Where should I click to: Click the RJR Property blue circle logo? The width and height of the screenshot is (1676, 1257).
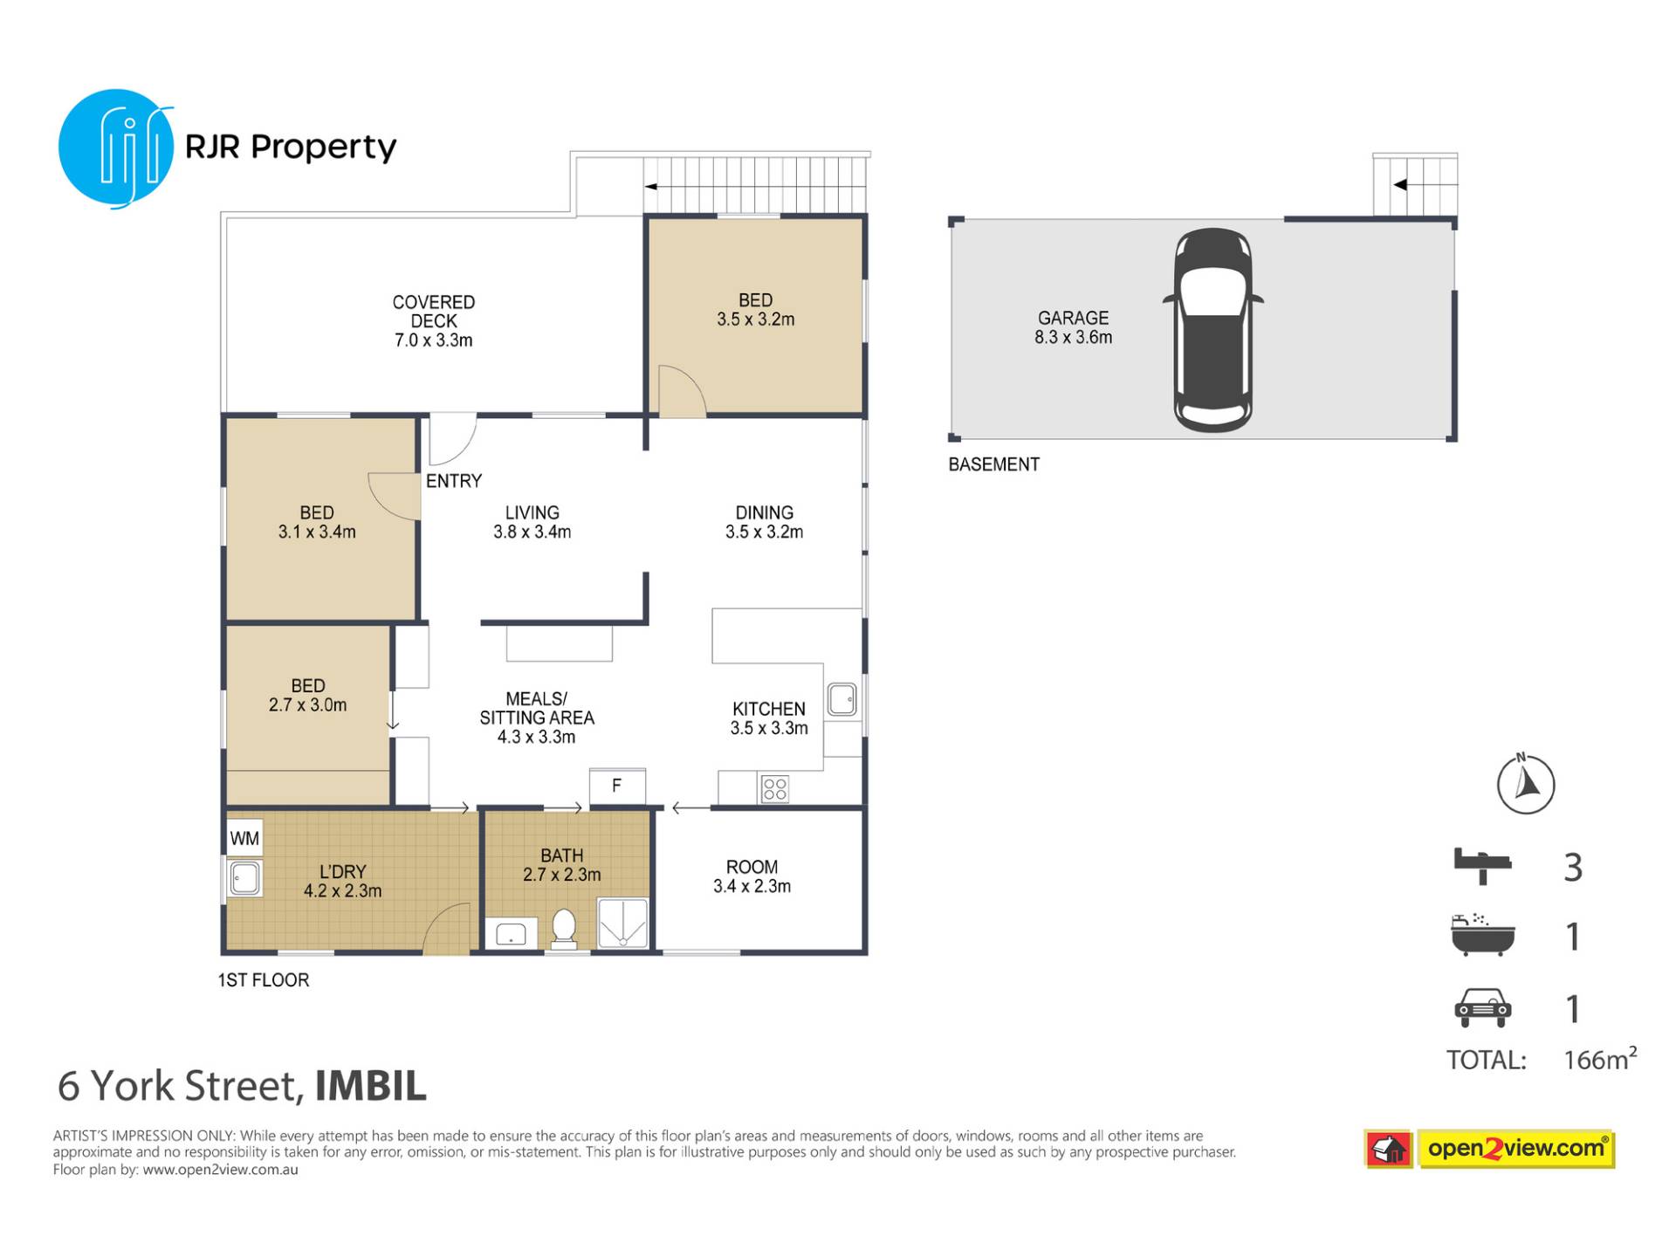coord(116,148)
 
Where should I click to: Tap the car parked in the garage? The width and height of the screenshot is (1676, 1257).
coord(1213,330)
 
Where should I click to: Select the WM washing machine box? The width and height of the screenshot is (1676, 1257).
coord(244,839)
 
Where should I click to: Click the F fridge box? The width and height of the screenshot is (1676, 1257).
coord(617,786)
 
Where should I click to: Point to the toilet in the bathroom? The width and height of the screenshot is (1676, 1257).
coord(564,929)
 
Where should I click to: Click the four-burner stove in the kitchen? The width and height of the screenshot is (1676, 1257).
coord(775,789)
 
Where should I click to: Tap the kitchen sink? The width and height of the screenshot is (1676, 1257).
coord(842,699)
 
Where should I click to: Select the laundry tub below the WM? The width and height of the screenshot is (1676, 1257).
coord(244,878)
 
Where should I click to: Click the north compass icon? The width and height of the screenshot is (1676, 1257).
coord(1526,783)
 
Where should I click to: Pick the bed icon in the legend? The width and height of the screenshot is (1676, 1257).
coord(1482,866)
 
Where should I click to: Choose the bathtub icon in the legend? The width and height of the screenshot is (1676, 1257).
coord(1482,935)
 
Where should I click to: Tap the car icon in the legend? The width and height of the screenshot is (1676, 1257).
coord(1482,1007)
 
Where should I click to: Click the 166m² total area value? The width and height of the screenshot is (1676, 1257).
coord(1600,1058)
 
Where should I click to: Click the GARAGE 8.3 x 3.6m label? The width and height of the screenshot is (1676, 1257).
coord(1074,327)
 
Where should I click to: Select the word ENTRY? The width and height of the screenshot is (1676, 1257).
coord(454,481)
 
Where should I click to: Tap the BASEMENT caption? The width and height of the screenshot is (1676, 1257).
coord(994,464)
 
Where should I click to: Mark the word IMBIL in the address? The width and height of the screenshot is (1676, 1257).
coord(371,1086)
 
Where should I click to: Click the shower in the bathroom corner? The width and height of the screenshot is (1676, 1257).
coord(623,923)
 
